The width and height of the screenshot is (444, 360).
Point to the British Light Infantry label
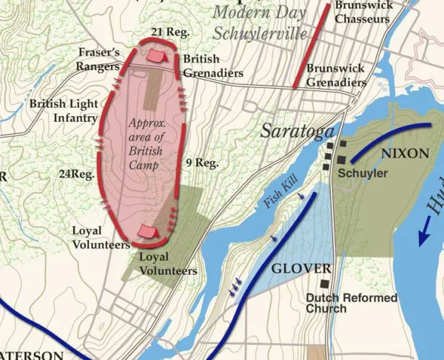click(64, 111)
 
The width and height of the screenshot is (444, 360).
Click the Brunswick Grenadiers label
click(337, 75)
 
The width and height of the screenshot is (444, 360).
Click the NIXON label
click(405, 154)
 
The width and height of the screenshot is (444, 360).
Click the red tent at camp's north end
click(155, 55)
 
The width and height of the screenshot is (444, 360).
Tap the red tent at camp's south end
click(149, 231)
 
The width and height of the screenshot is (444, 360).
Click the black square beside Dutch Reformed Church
click(325, 284)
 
